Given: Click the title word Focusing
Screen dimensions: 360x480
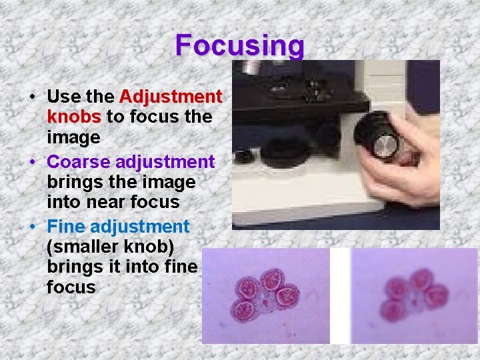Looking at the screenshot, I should [x=240, y=45].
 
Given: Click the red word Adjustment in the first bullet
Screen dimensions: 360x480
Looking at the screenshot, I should [x=171, y=97].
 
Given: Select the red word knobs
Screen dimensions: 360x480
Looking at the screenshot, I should [x=73, y=117].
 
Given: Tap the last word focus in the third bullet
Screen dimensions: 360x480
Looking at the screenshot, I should [x=71, y=287].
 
